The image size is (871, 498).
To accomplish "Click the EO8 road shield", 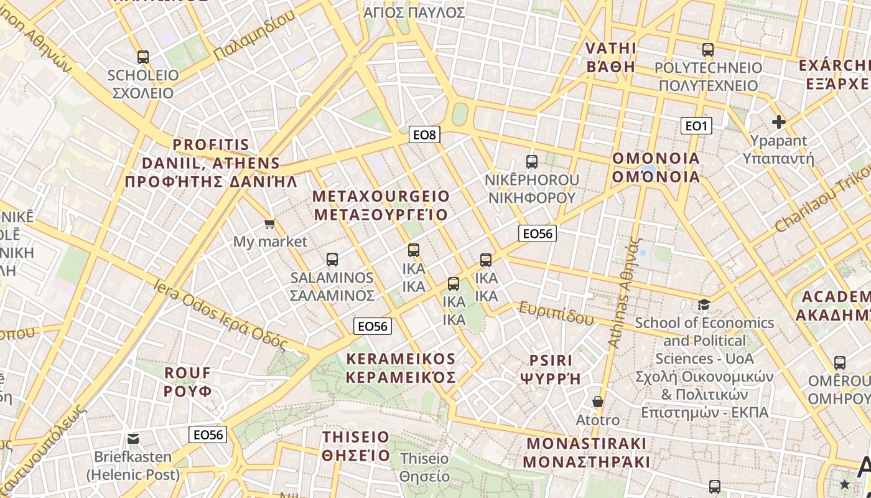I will (425, 134).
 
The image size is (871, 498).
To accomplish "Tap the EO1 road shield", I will (696, 126).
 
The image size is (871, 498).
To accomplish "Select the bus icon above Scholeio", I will (143, 57).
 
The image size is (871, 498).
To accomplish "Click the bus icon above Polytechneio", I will (708, 50).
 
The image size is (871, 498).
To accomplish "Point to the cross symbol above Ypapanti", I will (778, 122).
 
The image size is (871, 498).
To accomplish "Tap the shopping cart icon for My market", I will (270, 223).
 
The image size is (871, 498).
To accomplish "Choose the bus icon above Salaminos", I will (332, 260).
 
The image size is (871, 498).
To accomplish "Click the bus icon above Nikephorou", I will (532, 162).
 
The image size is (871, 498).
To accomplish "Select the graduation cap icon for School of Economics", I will (704, 304).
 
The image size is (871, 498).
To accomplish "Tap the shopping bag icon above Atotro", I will (598, 402).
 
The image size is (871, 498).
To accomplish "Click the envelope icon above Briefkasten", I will (133, 439).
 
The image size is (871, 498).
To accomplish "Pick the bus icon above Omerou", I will (840, 363).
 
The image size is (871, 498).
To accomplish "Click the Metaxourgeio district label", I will (381, 205).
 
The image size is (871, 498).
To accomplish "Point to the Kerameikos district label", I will (401, 368).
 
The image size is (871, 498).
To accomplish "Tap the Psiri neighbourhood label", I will (551, 369).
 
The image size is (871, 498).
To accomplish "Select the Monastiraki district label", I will (587, 453).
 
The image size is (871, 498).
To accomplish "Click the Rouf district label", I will (188, 382).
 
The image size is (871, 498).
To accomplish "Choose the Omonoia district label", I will (656, 167).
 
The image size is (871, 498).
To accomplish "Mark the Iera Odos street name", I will (221, 314).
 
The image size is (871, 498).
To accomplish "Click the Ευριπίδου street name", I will (556, 313).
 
